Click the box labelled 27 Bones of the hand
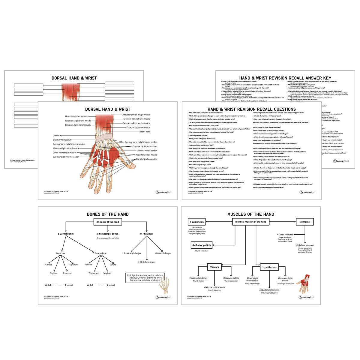pos(107,222)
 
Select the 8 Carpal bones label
pos(66,233)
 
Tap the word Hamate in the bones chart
pos(48,265)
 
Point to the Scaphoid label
pos(107,273)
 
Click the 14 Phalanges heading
pos(147,233)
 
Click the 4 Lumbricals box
pos(196,222)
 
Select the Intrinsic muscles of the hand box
pos(251,222)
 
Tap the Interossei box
pos(305,222)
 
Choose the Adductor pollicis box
pos(201,245)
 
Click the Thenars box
pos(214,267)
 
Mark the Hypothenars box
pos(269,267)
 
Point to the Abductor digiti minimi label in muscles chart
pos(269,290)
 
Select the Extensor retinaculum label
pos(62,140)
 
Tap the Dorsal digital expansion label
pos(146,159)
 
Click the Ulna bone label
pos(57,136)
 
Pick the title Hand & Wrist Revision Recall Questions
pos(251,109)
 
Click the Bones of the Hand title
pos(107,214)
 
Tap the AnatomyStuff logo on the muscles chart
pos(307,297)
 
